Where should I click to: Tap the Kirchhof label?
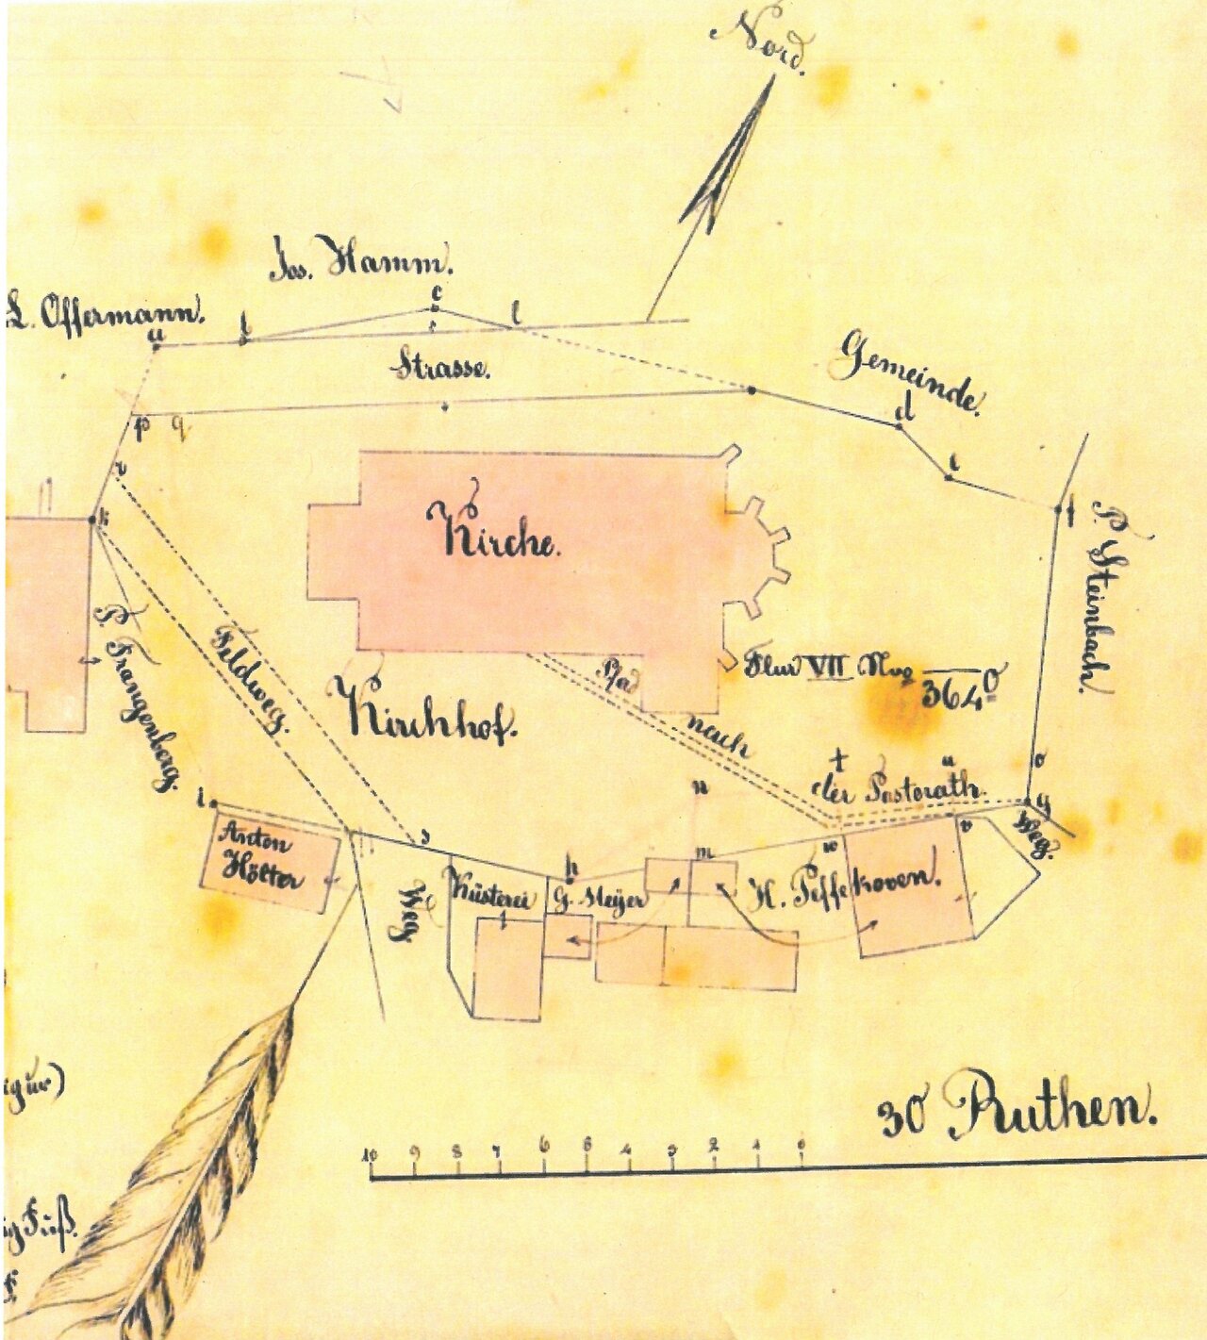[x=430, y=716]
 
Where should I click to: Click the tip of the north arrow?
[x=770, y=79]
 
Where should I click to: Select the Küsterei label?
[x=490, y=896]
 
